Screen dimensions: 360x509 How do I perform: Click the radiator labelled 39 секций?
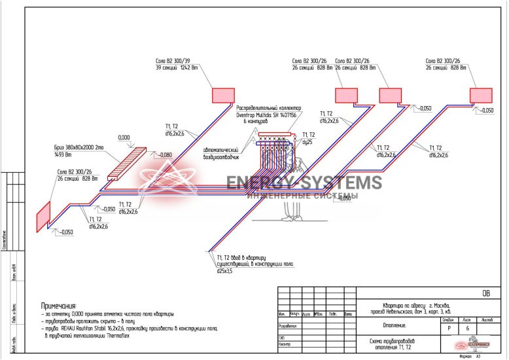pos(222,95)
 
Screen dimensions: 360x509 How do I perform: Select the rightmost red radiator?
pos(480,95)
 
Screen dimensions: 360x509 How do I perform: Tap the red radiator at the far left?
pos(43,215)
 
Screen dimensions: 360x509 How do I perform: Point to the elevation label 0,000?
pos(124,137)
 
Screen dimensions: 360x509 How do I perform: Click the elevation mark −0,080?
pos(165,155)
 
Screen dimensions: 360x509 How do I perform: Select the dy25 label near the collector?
pos(307,141)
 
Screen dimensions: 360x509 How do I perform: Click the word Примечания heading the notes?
pos(58,306)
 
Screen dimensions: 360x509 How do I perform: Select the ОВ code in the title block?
pos(485,293)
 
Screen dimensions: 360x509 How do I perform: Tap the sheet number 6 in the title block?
pos(466,329)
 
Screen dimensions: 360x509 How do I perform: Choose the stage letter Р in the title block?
pos(448,329)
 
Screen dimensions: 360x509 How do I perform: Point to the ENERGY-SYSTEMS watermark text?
pos(304,183)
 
